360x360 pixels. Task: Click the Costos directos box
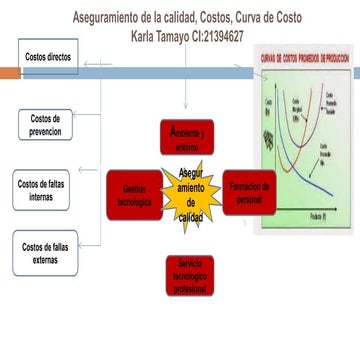[x=47, y=57]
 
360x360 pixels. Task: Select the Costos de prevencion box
[x=46, y=126]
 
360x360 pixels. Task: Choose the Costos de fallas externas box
[x=46, y=253]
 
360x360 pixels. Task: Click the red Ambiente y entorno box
[x=187, y=136]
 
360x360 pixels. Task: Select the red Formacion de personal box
[x=248, y=191]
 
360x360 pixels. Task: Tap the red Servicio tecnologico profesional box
[x=187, y=275]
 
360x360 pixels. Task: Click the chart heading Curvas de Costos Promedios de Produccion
[x=305, y=61]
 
